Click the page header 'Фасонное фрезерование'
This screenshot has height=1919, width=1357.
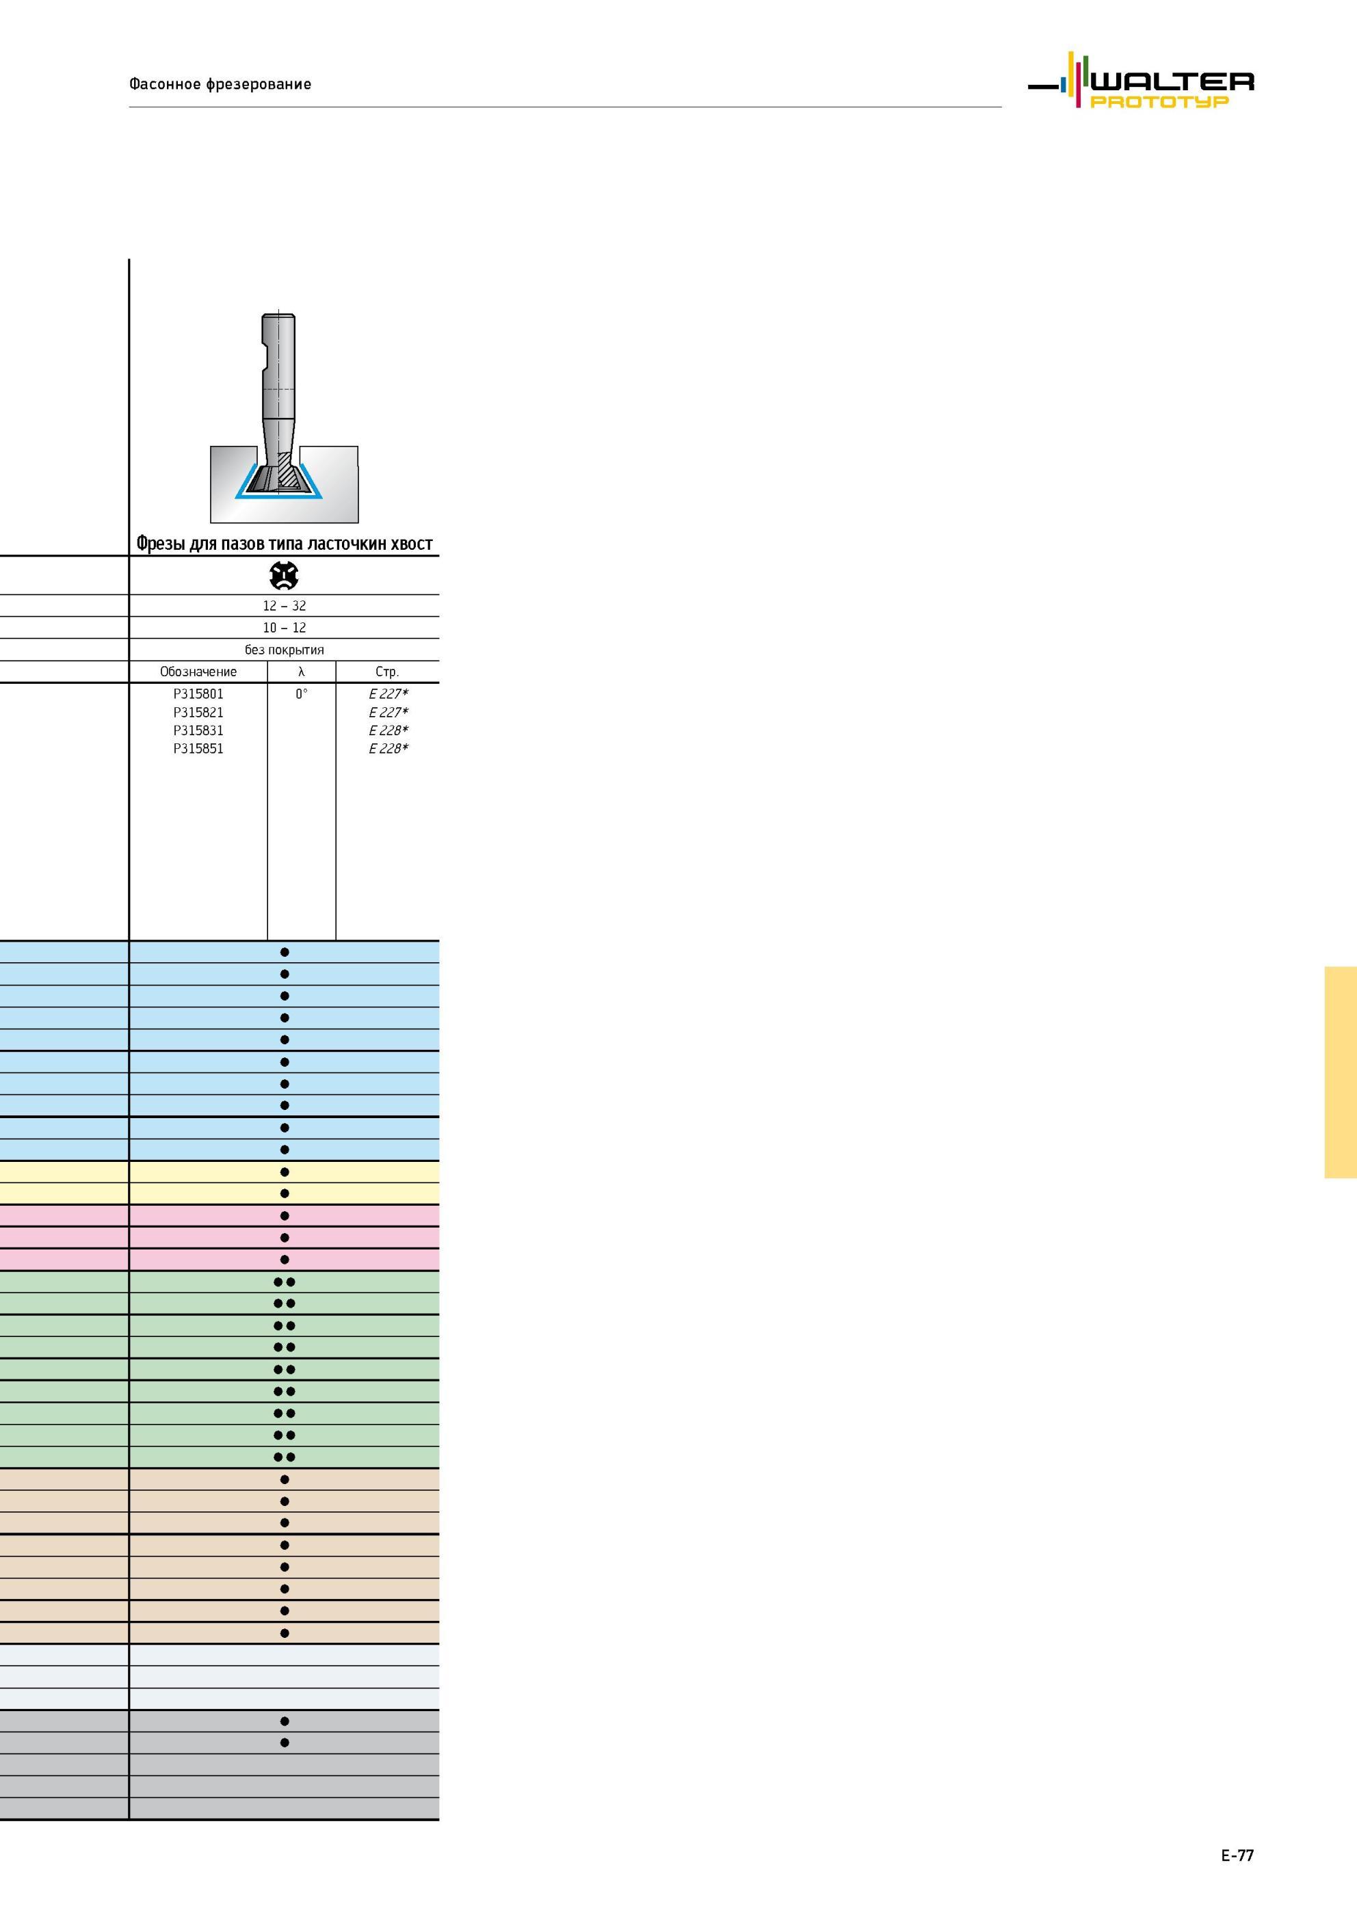[220, 83]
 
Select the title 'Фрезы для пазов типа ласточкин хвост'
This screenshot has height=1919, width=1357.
[285, 544]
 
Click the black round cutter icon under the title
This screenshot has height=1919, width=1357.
[285, 575]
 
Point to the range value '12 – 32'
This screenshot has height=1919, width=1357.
[285, 606]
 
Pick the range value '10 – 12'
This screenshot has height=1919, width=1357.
[285, 628]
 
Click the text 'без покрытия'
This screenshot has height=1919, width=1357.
[285, 650]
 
